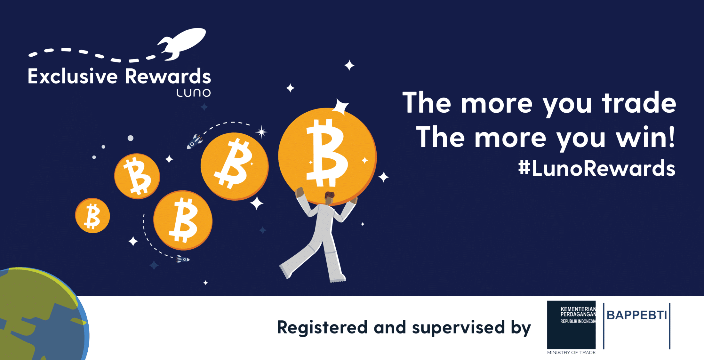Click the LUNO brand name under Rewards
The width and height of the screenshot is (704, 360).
(x=194, y=93)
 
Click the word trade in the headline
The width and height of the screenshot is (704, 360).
(x=639, y=103)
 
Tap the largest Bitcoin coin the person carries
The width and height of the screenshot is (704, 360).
(x=327, y=156)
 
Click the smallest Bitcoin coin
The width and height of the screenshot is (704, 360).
(x=92, y=215)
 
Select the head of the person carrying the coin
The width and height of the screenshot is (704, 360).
(x=329, y=198)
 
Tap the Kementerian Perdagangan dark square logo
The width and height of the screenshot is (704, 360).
(x=571, y=324)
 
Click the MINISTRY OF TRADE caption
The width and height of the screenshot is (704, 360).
(x=571, y=353)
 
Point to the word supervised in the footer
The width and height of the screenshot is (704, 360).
(x=458, y=328)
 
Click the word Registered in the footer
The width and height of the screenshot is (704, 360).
(x=322, y=328)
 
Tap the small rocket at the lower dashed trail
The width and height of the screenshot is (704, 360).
(x=183, y=259)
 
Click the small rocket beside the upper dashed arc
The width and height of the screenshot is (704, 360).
(x=195, y=141)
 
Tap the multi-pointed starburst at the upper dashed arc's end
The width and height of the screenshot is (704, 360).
(x=261, y=132)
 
